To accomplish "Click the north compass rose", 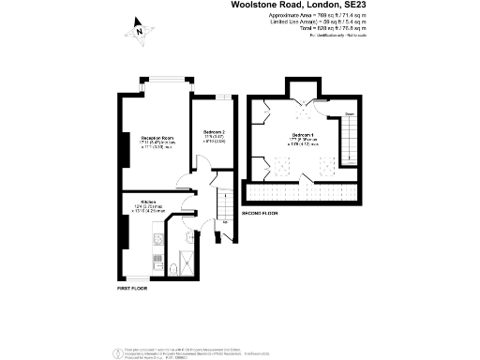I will [x=138, y=31].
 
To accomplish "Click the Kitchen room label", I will [x=147, y=202].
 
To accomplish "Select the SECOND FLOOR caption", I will [x=260, y=214].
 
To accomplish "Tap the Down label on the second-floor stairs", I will [x=349, y=114].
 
